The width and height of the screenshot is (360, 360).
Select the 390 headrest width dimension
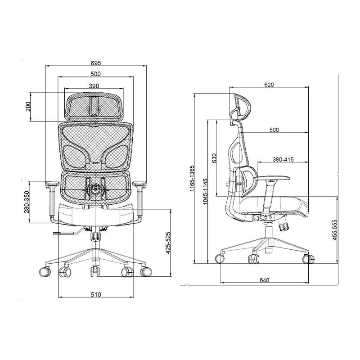click(94, 85)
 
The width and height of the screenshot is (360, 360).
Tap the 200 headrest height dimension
click(28, 107)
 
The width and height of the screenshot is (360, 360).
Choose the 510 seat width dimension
click(96, 294)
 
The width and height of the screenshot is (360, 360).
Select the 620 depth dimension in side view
click(269, 84)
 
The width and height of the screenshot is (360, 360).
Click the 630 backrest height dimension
click(215, 158)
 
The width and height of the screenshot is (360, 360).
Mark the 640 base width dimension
click(264, 280)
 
